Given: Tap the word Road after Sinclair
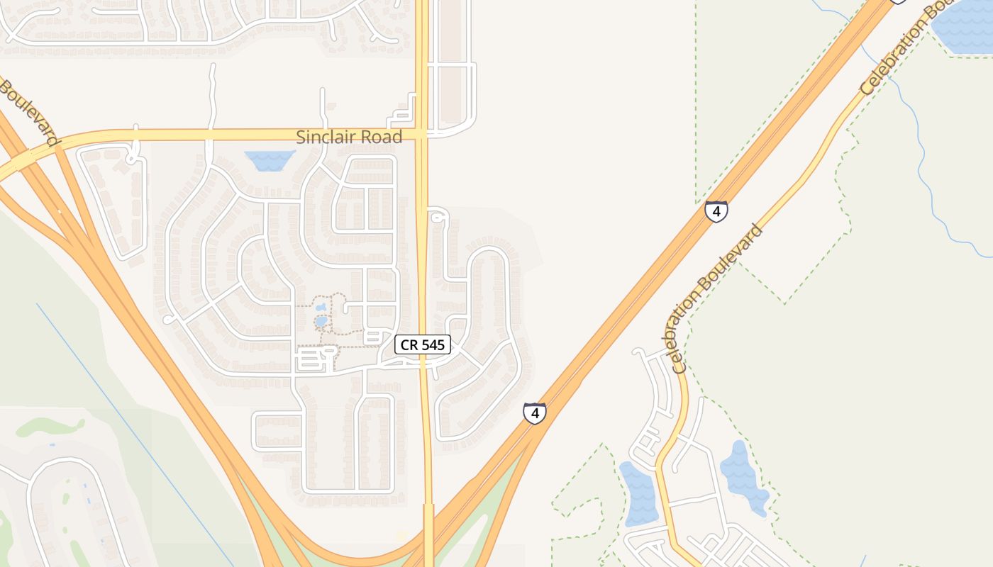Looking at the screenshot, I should tap(382, 137).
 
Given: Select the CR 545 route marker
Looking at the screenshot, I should tap(423, 344).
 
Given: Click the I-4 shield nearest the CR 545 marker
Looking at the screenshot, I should tap(535, 412).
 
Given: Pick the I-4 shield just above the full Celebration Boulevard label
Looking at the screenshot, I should tap(716, 211).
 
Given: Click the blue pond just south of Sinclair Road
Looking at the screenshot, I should tap(270, 159).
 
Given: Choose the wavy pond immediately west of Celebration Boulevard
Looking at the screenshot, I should tap(638, 493).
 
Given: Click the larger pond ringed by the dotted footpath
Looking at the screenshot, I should tap(321, 322).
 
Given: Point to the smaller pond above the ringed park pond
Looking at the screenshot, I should tap(321, 308).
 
